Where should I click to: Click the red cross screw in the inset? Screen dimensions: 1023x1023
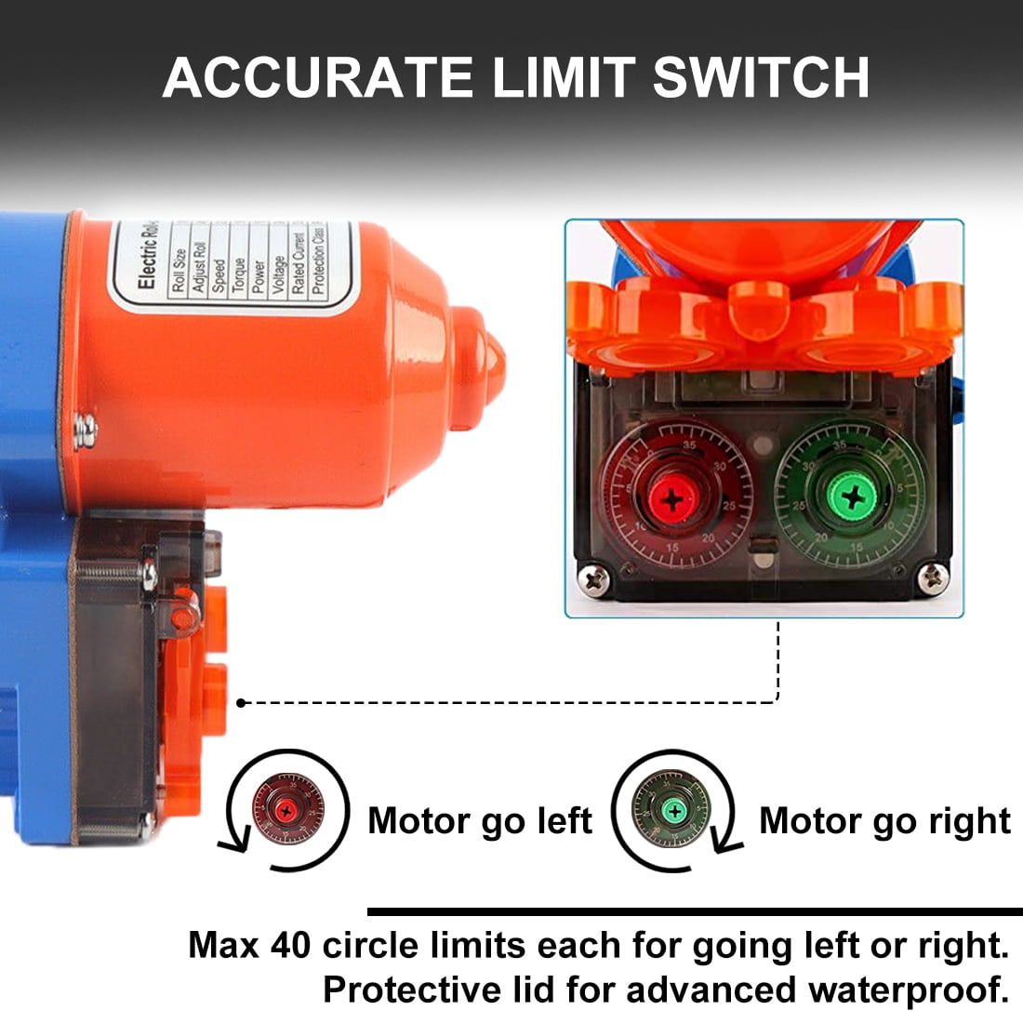point(674,499)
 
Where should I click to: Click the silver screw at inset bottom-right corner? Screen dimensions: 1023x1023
point(933,578)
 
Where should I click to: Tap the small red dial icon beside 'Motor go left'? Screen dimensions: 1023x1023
point(288,811)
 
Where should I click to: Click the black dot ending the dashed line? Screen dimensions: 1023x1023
point(241,703)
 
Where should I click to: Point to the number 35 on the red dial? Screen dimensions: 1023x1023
point(689,445)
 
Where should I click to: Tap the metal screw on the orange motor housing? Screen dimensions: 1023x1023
point(86,430)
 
